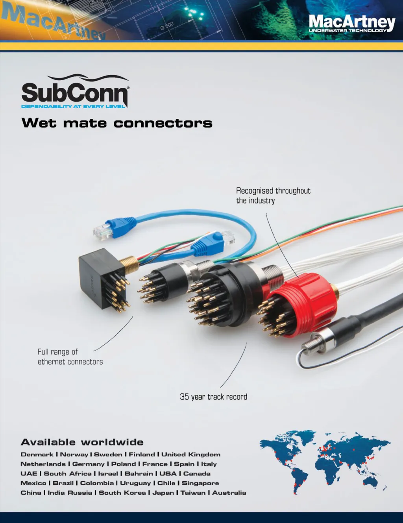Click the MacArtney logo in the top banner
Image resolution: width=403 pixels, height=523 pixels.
351,23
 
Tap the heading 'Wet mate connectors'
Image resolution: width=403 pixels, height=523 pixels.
117,123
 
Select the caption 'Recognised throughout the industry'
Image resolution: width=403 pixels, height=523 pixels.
273,196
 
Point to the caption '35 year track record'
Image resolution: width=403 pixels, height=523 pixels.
213,397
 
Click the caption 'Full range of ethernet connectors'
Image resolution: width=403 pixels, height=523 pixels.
70,357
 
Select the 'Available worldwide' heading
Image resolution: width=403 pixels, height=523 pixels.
82,442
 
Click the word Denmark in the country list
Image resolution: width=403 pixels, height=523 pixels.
37,455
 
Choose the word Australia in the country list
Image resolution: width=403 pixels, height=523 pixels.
229,493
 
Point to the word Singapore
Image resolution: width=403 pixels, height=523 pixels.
200,483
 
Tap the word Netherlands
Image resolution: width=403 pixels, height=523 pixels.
43,464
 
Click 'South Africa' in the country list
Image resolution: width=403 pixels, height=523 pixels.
67,474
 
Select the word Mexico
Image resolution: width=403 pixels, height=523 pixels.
33,483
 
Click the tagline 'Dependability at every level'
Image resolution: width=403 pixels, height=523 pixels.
73,106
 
